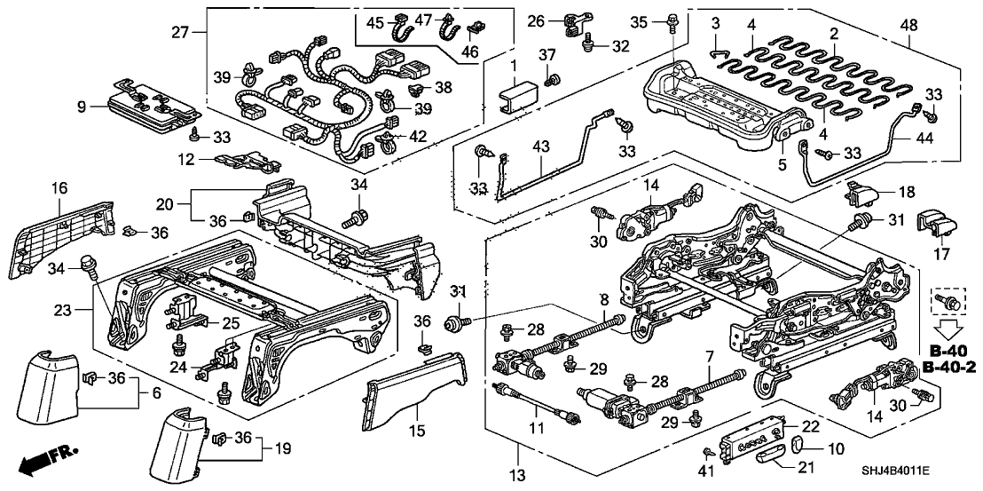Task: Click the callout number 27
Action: point(180,33)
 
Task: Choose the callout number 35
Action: point(639,20)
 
